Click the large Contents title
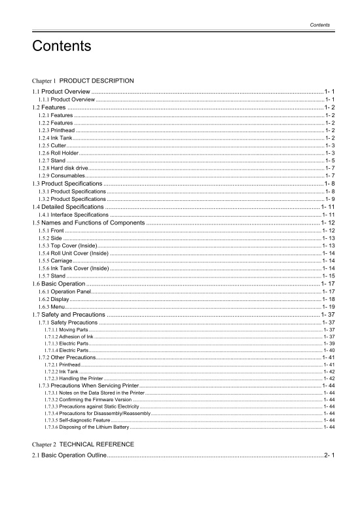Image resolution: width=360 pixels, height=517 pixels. tap(60, 47)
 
